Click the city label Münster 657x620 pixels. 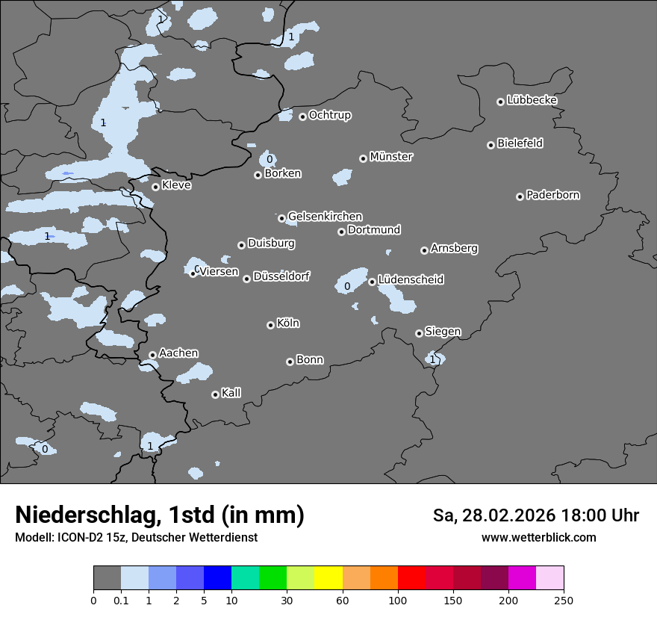pyautogui.click(x=390, y=157)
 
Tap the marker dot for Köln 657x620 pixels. pyautogui.click(x=270, y=325)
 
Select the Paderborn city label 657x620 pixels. pyautogui.click(x=552, y=195)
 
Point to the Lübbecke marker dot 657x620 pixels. pyautogui.click(x=500, y=102)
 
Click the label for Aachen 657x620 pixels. pyautogui.click(x=178, y=353)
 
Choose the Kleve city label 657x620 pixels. pyautogui.click(x=176, y=185)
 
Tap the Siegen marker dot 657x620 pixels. pyautogui.click(x=419, y=333)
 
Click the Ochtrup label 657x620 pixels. pyautogui.click(x=329, y=115)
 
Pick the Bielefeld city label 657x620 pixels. pyautogui.click(x=520, y=143)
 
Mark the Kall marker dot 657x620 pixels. pyautogui.click(x=215, y=394)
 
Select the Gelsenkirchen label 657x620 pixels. pyautogui.click(x=325, y=217)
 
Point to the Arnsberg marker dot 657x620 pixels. pyautogui.click(x=424, y=250)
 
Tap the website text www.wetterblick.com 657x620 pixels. pyautogui.click(x=538, y=537)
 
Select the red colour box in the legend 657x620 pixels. pyautogui.click(x=411, y=578)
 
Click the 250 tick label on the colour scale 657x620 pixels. pyautogui.click(x=563, y=600)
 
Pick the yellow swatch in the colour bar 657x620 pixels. pyautogui.click(x=328, y=578)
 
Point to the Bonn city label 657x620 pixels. pyautogui.click(x=310, y=359)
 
